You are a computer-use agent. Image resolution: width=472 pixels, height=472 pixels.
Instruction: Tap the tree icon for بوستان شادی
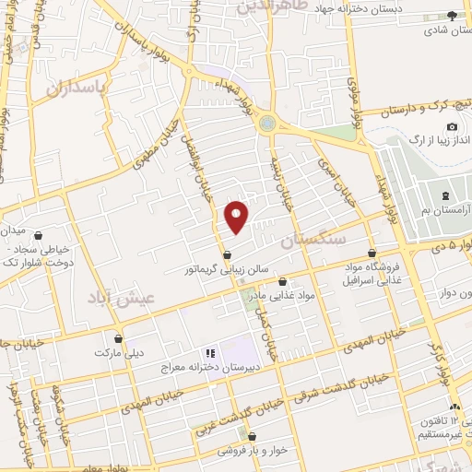point(452,15)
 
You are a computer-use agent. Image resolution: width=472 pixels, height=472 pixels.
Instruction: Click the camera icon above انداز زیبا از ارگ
point(452,126)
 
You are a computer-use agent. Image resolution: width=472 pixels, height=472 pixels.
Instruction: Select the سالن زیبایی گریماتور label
point(225,270)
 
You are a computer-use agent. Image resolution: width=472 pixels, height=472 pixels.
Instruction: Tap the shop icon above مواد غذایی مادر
point(282,281)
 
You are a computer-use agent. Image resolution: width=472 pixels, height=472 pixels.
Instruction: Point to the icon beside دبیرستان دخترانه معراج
point(209,353)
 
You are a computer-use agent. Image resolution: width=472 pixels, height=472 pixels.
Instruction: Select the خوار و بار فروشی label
point(251,452)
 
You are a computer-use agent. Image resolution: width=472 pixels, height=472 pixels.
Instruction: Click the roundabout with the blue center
point(266,121)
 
